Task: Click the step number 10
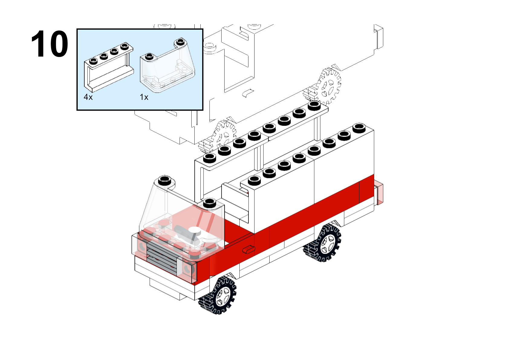pos(50,44)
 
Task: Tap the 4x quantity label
pos(88,97)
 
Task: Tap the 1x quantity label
pos(144,97)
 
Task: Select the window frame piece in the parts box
pos(109,67)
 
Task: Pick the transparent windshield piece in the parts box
pos(167,66)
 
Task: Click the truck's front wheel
pos(218,295)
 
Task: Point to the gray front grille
pos(162,257)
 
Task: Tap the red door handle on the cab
pos(248,250)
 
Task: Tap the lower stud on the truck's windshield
pos(209,203)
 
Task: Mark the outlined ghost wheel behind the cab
pos(218,136)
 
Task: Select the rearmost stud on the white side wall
pos(359,128)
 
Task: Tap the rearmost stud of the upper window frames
pos(314,105)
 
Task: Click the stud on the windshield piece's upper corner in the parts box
pos(180,41)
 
